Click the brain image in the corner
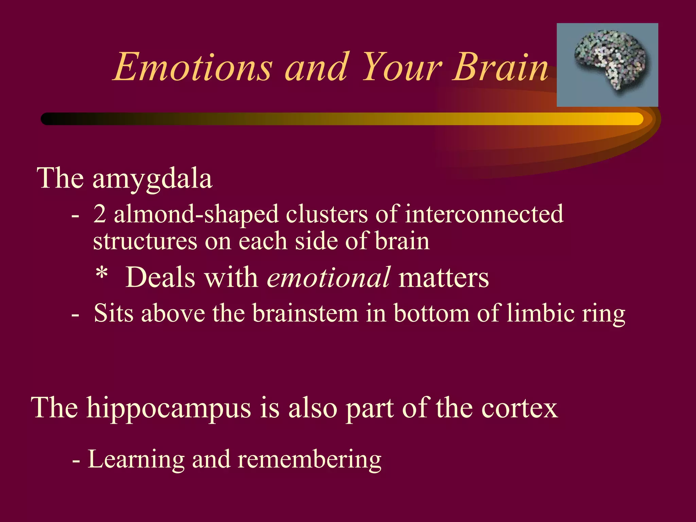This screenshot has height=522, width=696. [607, 65]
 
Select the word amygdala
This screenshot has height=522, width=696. [152, 179]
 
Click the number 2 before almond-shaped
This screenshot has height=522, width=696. [100, 214]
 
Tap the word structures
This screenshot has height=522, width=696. [145, 241]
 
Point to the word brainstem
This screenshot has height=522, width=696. [305, 313]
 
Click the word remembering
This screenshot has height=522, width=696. [309, 459]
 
